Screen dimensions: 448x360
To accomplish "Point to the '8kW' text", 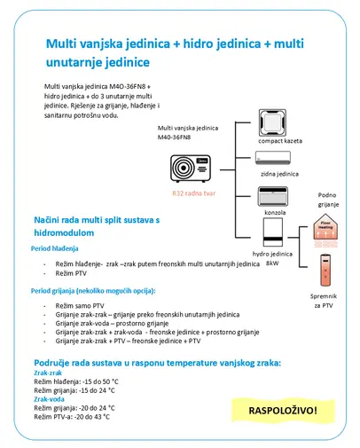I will (271, 263).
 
